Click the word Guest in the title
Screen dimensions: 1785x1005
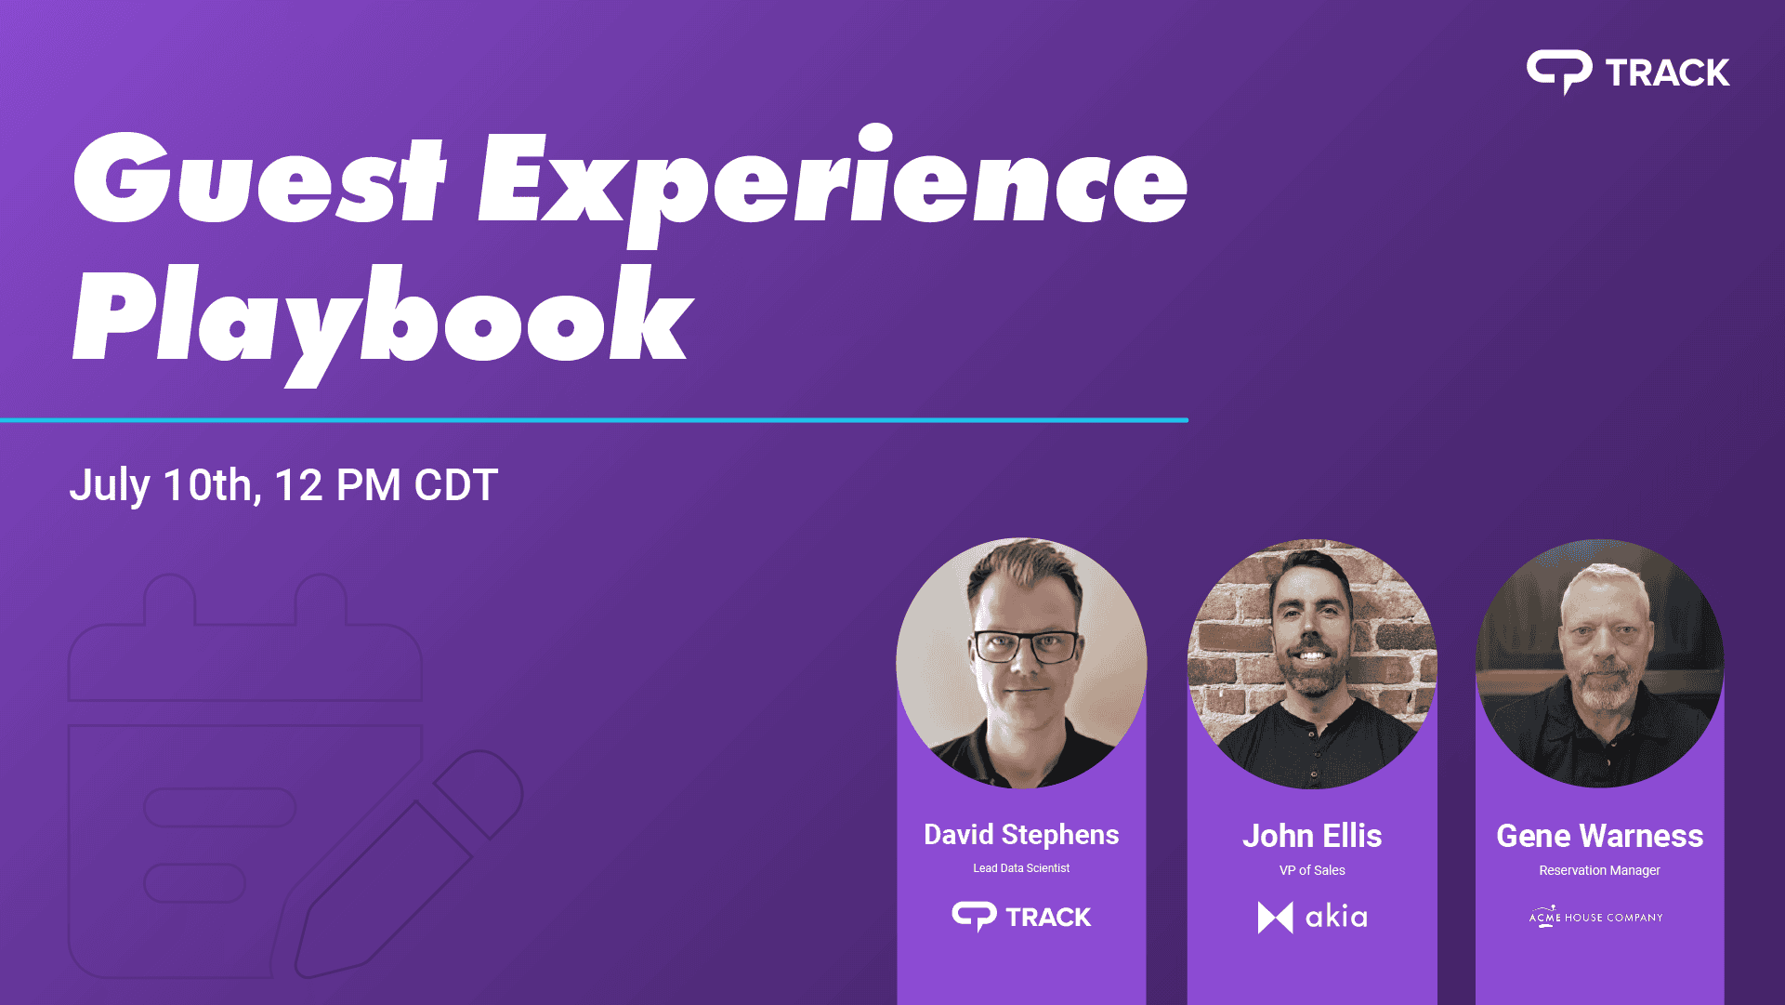coord(259,178)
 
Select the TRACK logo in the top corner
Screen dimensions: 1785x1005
coord(1628,73)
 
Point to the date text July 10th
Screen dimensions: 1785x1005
coord(164,485)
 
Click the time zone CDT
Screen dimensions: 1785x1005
coord(456,485)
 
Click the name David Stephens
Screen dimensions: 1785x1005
coord(1021,835)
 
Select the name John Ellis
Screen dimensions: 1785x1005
coord(1312,836)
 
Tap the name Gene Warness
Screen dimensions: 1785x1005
coord(1599,836)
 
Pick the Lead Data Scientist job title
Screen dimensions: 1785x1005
coord(1021,868)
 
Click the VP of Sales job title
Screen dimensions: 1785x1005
coord(1312,870)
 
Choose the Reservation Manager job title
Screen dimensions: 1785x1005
coord(1599,870)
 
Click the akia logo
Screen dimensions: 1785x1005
coord(1312,918)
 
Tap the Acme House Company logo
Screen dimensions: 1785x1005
coord(1596,917)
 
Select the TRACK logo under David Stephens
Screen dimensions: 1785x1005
coord(1021,917)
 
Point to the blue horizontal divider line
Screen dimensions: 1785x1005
coord(594,420)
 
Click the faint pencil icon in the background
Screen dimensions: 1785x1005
coord(409,865)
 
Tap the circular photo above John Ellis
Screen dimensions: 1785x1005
coord(1312,664)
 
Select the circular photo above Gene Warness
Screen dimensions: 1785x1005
coord(1599,664)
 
